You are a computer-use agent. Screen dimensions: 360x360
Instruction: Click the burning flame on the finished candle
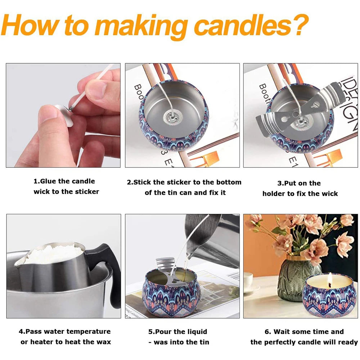(330, 278)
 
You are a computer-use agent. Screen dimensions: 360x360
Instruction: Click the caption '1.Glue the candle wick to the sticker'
(66, 186)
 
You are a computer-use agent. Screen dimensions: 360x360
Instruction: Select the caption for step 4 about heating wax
(65, 337)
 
